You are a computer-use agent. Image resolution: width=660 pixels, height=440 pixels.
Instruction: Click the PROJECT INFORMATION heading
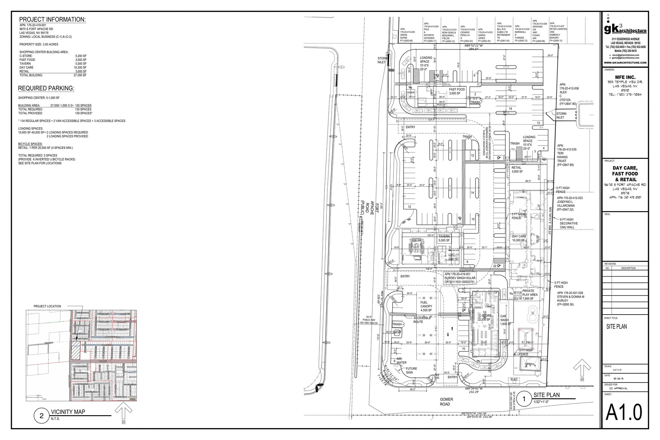tap(52, 20)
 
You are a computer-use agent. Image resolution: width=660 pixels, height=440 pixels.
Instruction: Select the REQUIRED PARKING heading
tap(46, 88)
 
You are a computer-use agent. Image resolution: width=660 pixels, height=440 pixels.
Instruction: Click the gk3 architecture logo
tap(625, 29)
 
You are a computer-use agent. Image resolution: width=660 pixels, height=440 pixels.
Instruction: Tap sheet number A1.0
tap(624, 412)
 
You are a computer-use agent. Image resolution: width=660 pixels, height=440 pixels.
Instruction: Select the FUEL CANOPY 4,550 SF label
tap(426, 307)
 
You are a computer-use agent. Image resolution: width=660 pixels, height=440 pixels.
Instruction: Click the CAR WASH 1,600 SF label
tap(505, 320)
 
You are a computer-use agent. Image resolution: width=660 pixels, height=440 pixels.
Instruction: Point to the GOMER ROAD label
tap(446, 402)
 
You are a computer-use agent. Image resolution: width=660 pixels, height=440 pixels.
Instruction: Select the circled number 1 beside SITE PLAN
tap(524, 399)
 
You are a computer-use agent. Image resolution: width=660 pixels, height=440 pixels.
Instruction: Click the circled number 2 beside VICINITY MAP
tap(41, 416)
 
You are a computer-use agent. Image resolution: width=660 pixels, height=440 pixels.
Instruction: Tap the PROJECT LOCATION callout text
tap(47, 306)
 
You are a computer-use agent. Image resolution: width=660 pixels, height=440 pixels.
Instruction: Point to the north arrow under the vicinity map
tap(123, 413)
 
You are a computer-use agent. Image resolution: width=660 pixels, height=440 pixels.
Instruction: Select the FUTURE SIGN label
tap(411, 370)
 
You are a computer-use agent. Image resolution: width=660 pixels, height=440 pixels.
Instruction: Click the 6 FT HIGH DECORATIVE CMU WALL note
tap(569, 223)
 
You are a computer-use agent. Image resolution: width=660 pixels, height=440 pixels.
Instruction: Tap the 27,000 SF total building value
tap(80, 75)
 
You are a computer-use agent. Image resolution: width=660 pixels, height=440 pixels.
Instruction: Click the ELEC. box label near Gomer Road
tap(514, 379)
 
